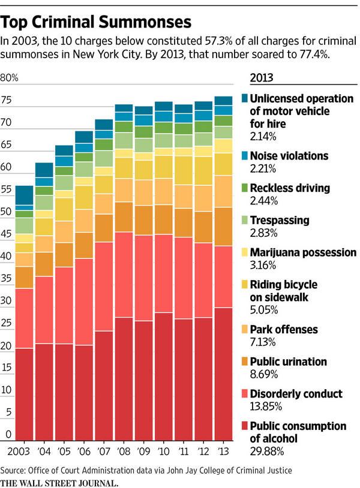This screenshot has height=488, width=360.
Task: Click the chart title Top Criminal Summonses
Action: tap(97, 22)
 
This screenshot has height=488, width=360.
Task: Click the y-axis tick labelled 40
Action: tap(7, 256)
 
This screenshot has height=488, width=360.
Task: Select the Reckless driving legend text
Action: tap(290, 188)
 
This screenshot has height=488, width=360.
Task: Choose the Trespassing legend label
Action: tap(280, 220)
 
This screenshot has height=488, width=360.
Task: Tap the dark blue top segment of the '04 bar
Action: tap(44, 170)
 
